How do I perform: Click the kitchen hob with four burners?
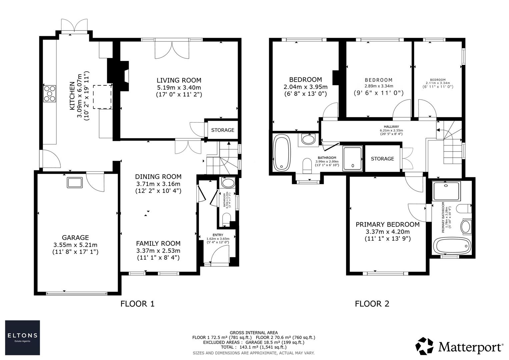(x=50, y=93)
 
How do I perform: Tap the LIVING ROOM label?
(x=179, y=80)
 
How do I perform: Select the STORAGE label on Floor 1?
(x=223, y=130)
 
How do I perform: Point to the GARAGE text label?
(x=75, y=238)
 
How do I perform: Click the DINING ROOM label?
(x=158, y=177)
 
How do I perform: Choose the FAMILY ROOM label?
(x=158, y=244)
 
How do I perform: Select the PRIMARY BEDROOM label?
(x=388, y=225)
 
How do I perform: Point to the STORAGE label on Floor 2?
(x=382, y=159)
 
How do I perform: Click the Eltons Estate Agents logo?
(x=22, y=337)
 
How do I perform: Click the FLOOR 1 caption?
(x=137, y=304)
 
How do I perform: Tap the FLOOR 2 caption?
(x=372, y=304)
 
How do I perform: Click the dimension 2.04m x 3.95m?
(x=305, y=87)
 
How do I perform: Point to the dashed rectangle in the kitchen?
(x=103, y=97)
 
